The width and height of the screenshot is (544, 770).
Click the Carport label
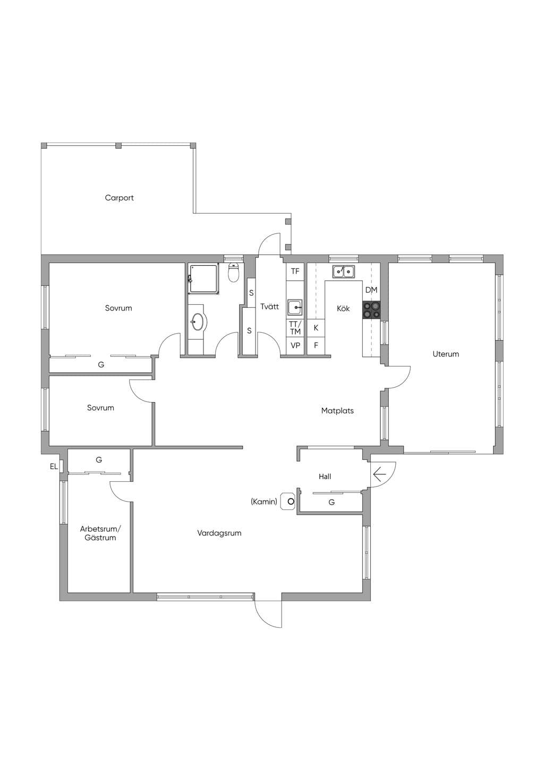point(119,198)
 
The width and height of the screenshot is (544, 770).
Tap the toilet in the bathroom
point(234,273)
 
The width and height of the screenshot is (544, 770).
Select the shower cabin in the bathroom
point(203,279)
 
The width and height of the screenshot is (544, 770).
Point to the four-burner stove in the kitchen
point(371,309)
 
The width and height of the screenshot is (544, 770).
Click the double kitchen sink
point(343,272)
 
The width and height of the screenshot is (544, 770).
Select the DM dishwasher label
point(371,290)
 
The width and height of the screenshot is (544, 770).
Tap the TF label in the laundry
point(295,272)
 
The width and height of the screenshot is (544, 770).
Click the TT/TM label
point(295,328)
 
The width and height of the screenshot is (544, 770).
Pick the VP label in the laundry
point(295,346)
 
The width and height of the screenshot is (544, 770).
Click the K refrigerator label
point(316,328)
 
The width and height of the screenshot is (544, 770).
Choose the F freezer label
point(316,345)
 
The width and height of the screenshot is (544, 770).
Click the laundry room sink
point(295,307)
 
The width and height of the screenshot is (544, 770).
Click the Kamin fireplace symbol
point(288,501)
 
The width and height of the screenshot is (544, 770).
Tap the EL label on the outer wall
point(54,466)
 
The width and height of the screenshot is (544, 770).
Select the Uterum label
point(445,354)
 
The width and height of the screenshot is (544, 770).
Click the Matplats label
point(337,411)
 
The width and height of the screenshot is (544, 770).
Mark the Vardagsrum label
point(219,533)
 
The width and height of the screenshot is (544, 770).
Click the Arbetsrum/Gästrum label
point(100,533)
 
